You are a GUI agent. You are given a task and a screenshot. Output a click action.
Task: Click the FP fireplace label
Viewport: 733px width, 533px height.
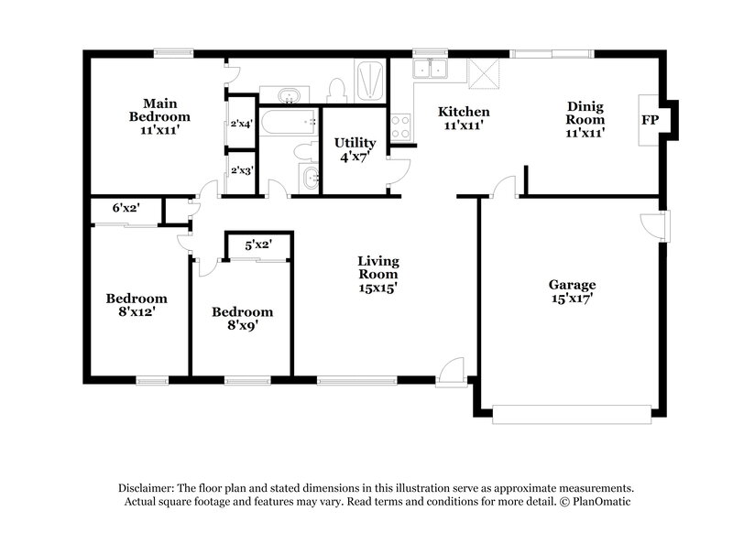650,119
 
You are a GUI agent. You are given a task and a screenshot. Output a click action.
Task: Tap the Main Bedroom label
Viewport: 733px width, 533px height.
159,117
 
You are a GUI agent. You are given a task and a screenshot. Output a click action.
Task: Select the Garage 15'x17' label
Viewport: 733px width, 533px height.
572,290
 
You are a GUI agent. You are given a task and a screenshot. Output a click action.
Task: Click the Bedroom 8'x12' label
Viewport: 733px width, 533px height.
137,304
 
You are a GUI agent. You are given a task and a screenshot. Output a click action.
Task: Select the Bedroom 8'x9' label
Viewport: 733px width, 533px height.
242,318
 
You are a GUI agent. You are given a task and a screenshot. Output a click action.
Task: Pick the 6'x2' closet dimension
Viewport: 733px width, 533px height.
126,208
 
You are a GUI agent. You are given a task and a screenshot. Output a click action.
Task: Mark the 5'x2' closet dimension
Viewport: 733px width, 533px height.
258,245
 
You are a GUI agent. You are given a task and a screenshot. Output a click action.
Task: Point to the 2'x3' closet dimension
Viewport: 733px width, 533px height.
242,169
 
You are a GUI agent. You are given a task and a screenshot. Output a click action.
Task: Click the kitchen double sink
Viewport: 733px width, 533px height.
429,71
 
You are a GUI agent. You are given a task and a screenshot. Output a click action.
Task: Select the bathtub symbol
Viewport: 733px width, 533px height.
289,121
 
